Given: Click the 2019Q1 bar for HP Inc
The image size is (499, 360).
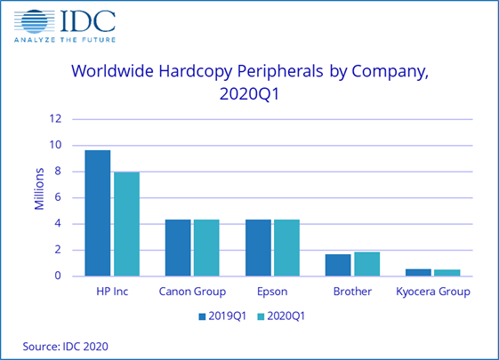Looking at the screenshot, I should [98, 213].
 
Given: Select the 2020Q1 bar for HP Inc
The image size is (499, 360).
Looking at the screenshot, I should [126, 224].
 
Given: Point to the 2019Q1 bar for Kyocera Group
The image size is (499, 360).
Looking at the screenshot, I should [419, 272].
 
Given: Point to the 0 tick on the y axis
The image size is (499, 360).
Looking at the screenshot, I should [58, 276].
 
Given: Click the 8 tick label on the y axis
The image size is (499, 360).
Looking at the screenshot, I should [58, 172].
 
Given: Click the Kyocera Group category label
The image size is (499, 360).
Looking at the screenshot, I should [432, 292].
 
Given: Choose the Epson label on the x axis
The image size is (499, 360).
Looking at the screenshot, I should [273, 292].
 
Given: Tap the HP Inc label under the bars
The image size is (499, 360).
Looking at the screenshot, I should [112, 292].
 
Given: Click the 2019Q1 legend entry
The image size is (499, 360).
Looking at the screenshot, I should [221, 315].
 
